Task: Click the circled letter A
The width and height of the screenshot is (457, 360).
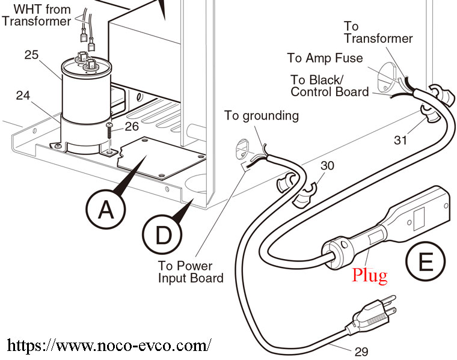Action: click(106, 210)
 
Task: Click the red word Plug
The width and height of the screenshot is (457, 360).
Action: click(370, 275)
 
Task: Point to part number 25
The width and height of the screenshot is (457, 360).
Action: click(31, 55)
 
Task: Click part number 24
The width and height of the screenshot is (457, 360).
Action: click(22, 94)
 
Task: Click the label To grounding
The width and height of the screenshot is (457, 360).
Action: click(262, 115)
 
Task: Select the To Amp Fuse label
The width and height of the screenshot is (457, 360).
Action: click(325, 58)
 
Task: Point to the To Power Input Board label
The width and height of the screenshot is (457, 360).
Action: click(191, 271)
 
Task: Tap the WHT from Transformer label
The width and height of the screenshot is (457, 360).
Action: click(37, 16)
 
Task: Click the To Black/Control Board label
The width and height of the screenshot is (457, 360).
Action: click(330, 86)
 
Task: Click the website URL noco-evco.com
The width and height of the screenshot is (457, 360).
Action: click(109, 346)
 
